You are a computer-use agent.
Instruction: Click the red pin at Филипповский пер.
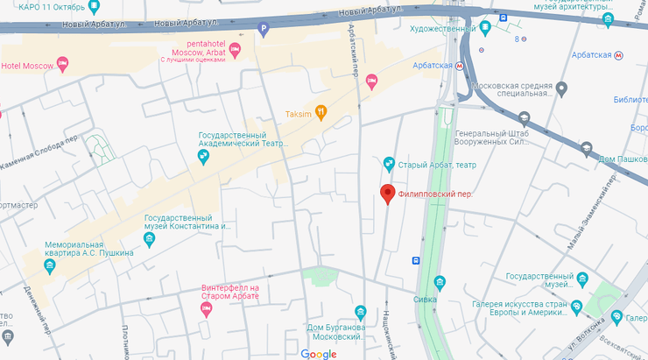click(x=387, y=195)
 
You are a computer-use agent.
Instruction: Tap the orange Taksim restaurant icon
click(x=322, y=113)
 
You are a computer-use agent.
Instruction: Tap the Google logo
click(x=319, y=354)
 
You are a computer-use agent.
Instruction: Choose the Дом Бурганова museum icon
click(x=360, y=312)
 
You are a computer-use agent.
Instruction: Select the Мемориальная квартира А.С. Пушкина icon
click(x=50, y=265)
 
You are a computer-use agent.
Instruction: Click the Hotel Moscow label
click(x=26, y=66)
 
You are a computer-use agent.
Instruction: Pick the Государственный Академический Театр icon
click(x=203, y=157)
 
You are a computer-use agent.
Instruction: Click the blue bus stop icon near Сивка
click(x=416, y=260)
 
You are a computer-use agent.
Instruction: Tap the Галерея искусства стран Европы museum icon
click(x=576, y=307)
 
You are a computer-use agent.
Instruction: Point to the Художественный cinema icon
click(x=484, y=28)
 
